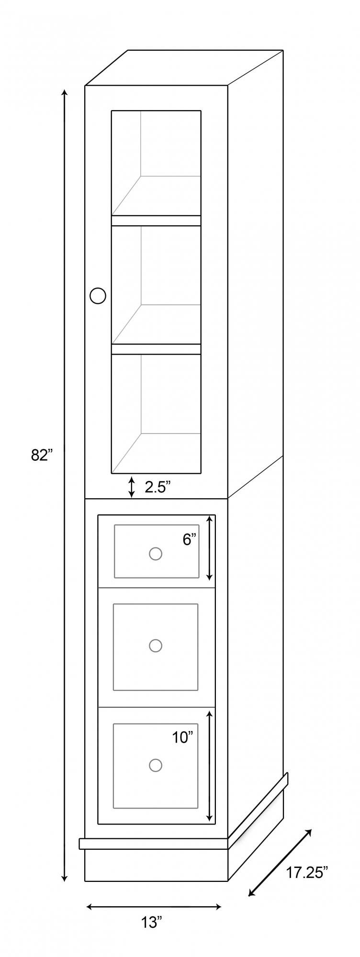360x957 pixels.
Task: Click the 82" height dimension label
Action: tap(41, 455)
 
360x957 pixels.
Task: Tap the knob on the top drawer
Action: tap(155, 554)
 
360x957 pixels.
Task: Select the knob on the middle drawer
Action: tap(155, 645)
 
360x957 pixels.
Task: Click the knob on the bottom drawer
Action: tap(155, 765)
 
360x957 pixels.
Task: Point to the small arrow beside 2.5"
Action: tap(132, 487)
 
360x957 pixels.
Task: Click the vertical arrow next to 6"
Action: tap(209, 547)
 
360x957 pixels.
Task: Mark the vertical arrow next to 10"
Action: tap(209, 766)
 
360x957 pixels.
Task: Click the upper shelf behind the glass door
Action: tap(156, 221)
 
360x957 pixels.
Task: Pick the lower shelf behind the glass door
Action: tap(156, 349)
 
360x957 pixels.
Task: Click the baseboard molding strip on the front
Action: tap(154, 844)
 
